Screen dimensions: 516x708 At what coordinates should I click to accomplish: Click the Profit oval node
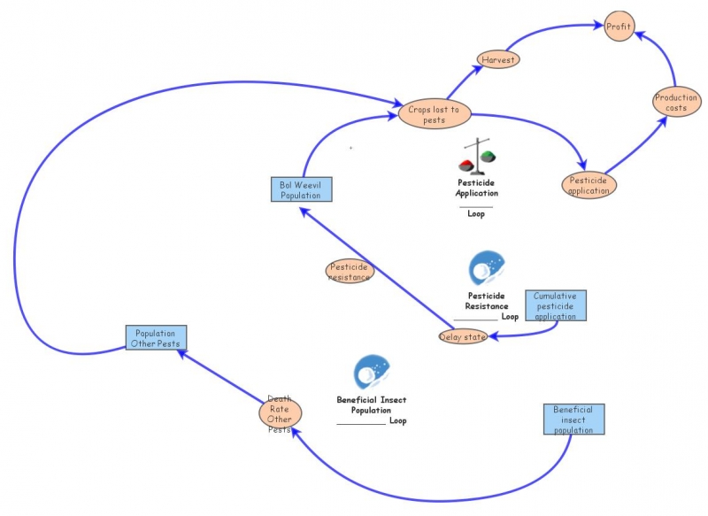click(619, 27)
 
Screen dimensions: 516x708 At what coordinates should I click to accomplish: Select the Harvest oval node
click(497, 60)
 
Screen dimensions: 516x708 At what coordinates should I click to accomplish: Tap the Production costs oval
click(676, 103)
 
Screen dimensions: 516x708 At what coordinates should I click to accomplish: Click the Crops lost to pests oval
click(434, 114)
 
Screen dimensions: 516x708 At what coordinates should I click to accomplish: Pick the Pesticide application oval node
click(589, 184)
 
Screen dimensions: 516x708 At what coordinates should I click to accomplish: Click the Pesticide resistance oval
click(350, 272)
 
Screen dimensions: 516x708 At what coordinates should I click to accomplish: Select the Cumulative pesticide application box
click(555, 304)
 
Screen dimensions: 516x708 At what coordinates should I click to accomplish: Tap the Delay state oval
click(463, 336)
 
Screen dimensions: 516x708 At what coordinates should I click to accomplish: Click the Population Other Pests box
click(155, 338)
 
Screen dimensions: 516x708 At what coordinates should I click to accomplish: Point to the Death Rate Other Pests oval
click(280, 413)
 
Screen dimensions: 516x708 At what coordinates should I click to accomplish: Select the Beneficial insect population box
click(573, 420)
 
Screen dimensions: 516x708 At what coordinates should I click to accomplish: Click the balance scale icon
click(478, 156)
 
